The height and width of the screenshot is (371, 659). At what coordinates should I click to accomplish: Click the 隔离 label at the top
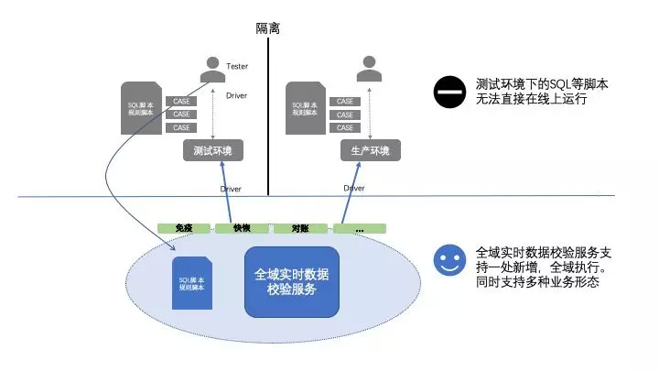(x=267, y=28)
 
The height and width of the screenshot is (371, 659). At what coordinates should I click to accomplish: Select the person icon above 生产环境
(x=369, y=67)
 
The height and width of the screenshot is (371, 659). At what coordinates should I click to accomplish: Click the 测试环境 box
(x=212, y=150)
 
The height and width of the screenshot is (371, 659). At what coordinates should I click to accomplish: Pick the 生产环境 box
(x=370, y=150)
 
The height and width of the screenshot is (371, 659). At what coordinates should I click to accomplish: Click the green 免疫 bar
(x=184, y=227)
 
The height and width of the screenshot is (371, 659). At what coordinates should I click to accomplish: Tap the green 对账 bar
(x=298, y=227)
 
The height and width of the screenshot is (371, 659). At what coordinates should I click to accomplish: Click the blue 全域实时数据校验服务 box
(x=291, y=281)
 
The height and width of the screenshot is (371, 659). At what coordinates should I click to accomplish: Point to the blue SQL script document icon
(x=193, y=282)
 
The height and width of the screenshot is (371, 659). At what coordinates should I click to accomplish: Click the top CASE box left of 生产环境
(x=345, y=101)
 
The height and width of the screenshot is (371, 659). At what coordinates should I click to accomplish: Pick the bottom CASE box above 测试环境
(x=181, y=127)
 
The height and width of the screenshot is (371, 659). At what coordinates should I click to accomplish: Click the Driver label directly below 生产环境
(x=354, y=188)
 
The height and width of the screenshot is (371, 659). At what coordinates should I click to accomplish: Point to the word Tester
(x=237, y=66)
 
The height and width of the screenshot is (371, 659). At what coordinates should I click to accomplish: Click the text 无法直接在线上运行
(x=531, y=99)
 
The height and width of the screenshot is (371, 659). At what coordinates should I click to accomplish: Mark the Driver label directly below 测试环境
(x=231, y=189)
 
